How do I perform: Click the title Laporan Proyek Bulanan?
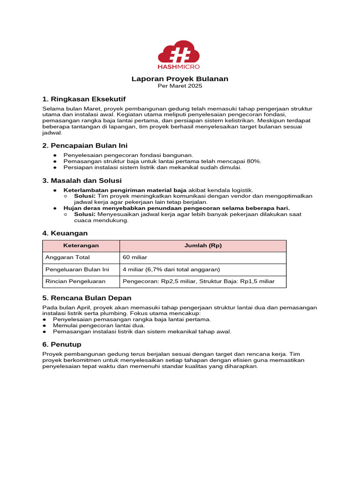point(180,79)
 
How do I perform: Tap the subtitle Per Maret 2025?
point(180,86)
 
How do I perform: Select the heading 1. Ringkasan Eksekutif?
point(83,99)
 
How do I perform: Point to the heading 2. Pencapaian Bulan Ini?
point(85,145)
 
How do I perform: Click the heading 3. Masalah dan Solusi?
point(82,180)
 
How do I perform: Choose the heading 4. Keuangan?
point(65,233)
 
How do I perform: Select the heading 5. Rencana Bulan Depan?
point(87,298)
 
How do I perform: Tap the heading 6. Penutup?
point(61,344)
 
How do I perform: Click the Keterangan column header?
point(81,246)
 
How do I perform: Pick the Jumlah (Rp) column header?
point(202,246)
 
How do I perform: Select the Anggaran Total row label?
point(67,257)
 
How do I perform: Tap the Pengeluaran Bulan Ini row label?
point(77,270)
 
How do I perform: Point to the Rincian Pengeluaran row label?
point(75,281)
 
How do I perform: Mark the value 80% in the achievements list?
point(253,161)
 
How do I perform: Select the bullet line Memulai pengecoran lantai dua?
point(98,325)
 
